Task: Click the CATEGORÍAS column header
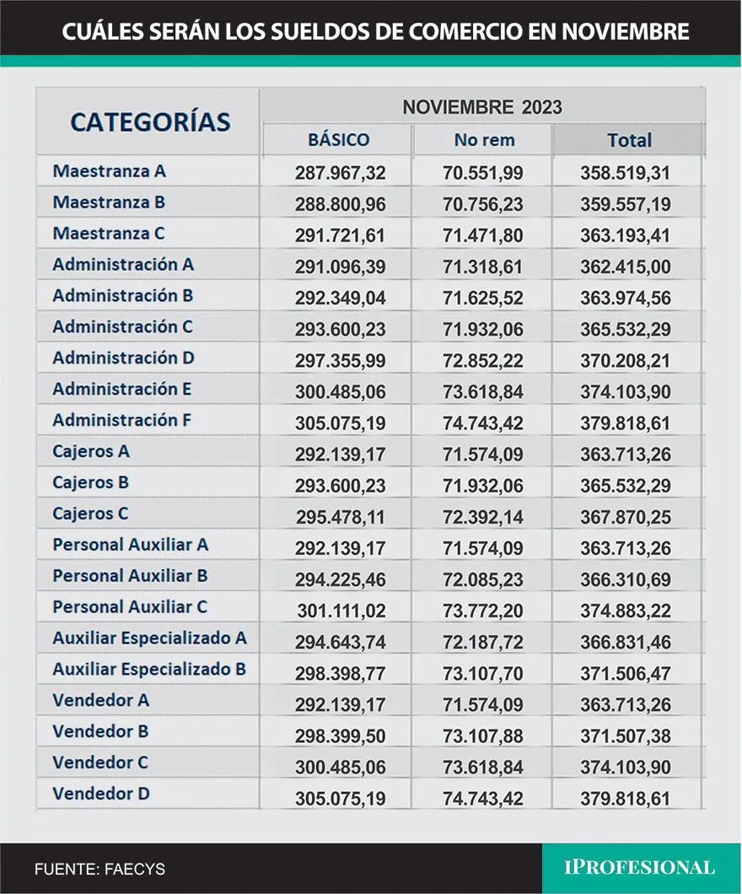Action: coord(150,121)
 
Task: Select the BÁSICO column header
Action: coord(338,140)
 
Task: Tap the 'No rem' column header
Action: coord(484,140)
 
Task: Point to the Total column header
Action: coord(629,140)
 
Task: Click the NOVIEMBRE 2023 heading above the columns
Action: coord(481,107)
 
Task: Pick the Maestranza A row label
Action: coord(110,170)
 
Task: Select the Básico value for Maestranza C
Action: coord(340,235)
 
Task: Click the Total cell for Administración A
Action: coord(625,267)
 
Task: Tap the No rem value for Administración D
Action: coord(482,360)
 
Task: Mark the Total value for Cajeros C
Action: coord(625,516)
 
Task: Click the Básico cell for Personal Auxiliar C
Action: coord(341,610)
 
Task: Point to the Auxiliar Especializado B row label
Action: coord(149,670)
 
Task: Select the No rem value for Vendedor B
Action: coord(482,735)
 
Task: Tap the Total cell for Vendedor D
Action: coord(625,798)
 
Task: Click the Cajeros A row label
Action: coord(91,451)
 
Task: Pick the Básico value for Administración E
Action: coord(340,391)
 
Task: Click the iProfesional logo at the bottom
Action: coord(639,867)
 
